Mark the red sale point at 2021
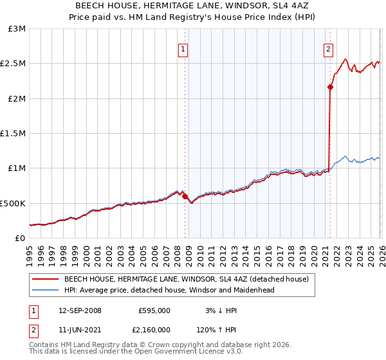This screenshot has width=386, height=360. coord(329,87)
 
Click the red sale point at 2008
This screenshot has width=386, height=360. coord(185,197)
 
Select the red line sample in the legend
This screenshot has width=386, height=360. coord(46,279)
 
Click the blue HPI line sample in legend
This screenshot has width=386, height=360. coord(46,290)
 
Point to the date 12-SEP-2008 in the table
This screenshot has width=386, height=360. coord(80,310)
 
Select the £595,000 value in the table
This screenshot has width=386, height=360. coord(154,310)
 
